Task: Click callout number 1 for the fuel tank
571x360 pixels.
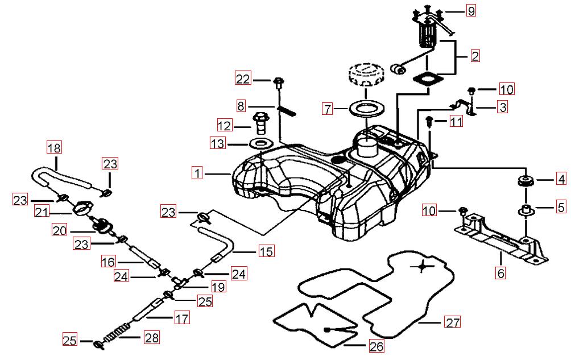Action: click(x=197, y=173)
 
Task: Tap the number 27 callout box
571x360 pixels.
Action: click(x=452, y=322)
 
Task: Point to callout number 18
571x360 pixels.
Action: click(x=53, y=148)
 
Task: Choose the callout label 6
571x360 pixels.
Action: click(x=500, y=273)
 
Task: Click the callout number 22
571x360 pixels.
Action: click(x=243, y=80)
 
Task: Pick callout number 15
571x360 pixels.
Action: click(x=266, y=251)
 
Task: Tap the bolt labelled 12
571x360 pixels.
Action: click(x=261, y=121)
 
